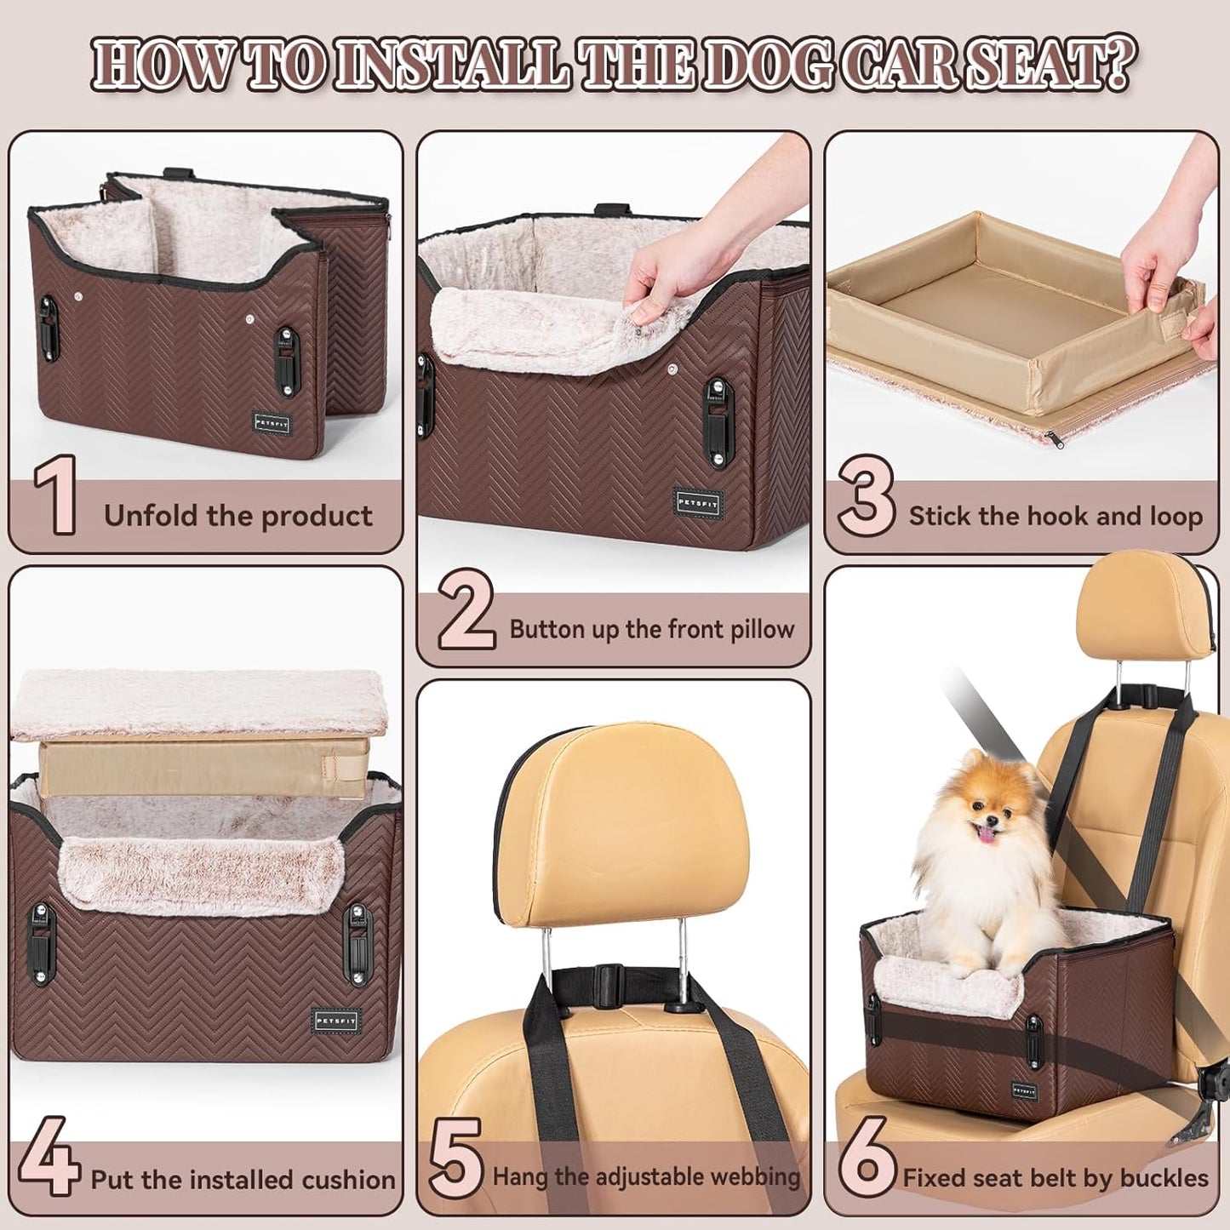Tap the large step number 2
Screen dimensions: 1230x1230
466,610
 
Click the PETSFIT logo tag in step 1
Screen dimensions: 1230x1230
272,422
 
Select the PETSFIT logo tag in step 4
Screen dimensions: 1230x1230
336,1021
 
